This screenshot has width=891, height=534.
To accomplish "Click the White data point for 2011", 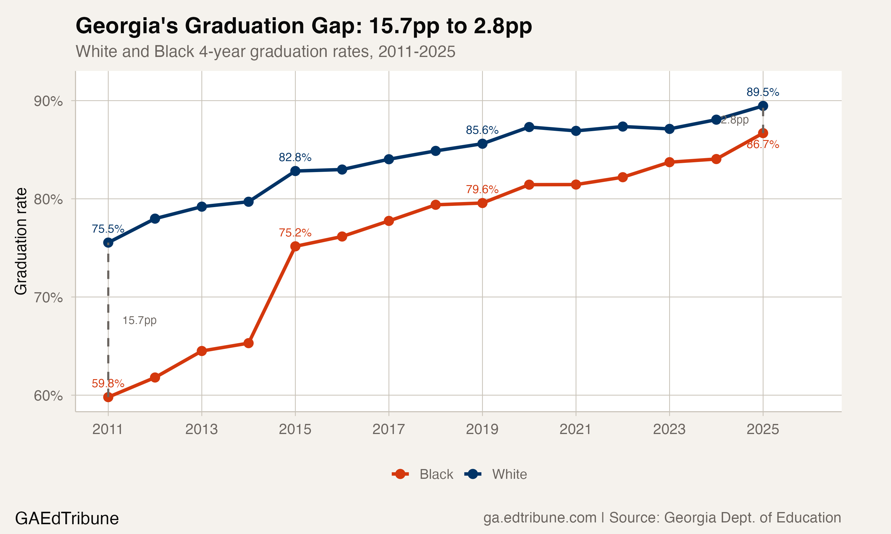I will pos(108,243).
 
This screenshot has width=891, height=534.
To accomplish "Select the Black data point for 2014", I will pos(249,343).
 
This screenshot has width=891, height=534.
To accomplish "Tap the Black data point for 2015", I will pos(295,246).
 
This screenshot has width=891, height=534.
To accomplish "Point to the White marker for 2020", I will pos(529,127).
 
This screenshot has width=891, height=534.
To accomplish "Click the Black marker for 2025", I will pos(763,133).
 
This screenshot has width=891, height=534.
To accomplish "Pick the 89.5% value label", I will pos(763,92).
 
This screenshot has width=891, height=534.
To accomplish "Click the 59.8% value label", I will pos(108,384).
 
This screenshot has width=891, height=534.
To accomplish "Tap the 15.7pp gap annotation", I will pos(139,320).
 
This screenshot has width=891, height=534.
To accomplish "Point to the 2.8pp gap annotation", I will pos(735,120).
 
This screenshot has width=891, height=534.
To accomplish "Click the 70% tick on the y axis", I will pos(48,298).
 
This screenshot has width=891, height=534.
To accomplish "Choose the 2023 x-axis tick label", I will pos(669,429).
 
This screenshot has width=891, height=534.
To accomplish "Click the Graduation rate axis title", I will pos(21,241).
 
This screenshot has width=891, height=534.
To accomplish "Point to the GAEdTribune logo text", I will pos(67,519).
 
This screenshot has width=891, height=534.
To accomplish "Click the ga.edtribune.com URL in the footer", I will pos(539,517).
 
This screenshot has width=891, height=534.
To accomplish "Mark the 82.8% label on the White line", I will pos(295,157).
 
